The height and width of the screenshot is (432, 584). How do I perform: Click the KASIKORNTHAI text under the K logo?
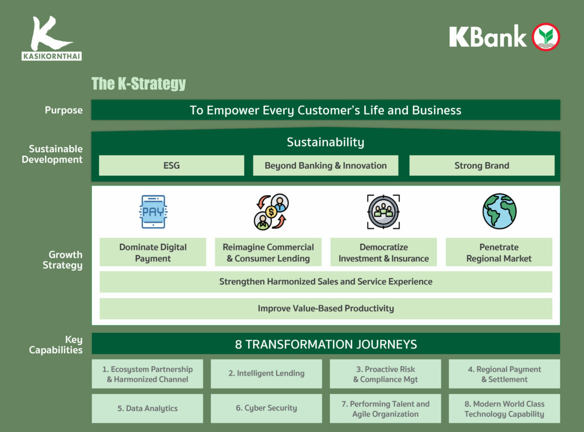52,56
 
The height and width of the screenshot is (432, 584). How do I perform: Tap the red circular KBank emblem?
546,37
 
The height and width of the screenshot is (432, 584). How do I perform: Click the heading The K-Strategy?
139,83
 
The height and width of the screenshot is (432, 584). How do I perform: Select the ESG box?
171,166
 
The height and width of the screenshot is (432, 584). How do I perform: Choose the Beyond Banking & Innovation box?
325,166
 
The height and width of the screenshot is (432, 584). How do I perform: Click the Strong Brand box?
482,166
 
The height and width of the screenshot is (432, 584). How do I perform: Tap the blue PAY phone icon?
153,212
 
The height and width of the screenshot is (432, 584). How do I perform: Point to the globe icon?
499,211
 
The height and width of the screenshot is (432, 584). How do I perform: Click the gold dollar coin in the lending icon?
271,212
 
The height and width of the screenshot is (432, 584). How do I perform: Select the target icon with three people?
383,212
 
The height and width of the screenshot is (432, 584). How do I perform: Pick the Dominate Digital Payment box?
153,252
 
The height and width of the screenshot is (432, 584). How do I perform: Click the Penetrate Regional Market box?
498,252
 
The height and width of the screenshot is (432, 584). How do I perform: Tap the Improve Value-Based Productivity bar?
326,308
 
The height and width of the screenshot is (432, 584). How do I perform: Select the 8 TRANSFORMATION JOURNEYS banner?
326,344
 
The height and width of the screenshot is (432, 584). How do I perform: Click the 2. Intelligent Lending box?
266,373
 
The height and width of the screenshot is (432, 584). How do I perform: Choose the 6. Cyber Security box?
266,408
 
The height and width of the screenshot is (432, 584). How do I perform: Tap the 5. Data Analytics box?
147,408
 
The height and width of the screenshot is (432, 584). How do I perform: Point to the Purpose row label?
64,110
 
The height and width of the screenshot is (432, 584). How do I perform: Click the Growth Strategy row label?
63,260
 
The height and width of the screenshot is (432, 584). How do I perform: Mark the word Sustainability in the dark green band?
325,142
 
